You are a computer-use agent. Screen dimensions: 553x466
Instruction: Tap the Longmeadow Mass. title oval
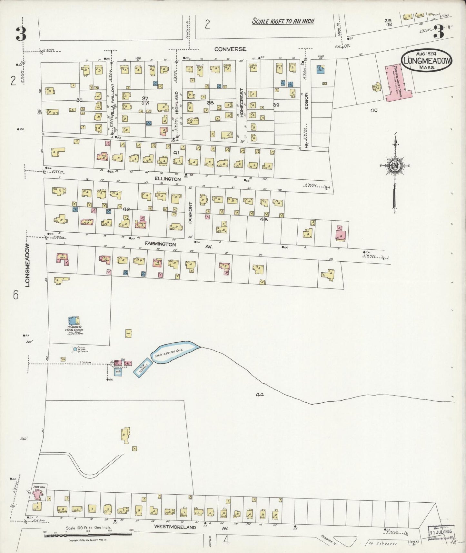(x=426, y=61)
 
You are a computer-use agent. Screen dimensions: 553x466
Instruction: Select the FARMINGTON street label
(x=160, y=244)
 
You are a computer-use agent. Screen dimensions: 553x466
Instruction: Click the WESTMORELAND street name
(x=175, y=527)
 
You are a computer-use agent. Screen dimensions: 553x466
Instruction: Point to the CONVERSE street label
(x=230, y=49)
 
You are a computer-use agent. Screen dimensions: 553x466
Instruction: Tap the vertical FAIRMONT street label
(x=191, y=213)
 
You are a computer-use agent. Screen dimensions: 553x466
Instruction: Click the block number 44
(x=260, y=394)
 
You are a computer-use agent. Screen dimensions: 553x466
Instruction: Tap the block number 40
(x=374, y=110)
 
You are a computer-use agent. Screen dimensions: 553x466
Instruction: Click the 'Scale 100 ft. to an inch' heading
(x=283, y=21)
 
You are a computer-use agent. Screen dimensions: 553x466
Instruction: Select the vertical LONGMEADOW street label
(x=28, y=265)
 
